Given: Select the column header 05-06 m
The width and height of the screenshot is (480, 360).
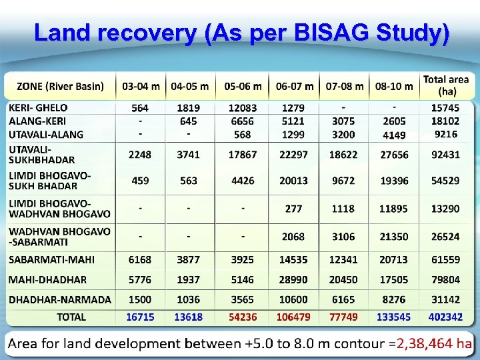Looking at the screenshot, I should [x=242, y=87].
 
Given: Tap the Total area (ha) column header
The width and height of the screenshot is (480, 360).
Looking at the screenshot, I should [x=446, y=85].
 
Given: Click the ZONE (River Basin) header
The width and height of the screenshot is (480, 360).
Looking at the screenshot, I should [x=61, y=86].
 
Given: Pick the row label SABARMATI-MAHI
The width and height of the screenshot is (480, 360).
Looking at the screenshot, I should [x=51, y=259].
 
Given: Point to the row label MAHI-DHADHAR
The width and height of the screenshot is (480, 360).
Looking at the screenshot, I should [x=47, y=279].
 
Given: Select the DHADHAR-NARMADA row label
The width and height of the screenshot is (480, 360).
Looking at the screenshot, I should [x=60, y=300].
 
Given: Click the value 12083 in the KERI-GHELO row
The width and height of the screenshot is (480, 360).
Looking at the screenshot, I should [x=242, y=108].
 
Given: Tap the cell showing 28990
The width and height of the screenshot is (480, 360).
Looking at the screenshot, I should [x=294, y=279].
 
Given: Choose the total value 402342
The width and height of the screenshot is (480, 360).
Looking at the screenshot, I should [x=445, y=317].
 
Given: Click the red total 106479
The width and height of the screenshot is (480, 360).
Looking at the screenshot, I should [x=294, y=317].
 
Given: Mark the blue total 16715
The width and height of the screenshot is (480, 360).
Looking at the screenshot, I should [x=140, y=317].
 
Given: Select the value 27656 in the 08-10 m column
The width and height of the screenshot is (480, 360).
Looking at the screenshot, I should [x=393, y=154].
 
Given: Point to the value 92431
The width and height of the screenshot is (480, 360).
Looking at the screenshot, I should [x=445, y=154].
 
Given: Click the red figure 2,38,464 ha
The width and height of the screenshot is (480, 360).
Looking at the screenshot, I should [x=434, y=343].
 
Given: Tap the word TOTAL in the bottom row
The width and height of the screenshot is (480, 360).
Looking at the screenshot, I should [x=71, y=317].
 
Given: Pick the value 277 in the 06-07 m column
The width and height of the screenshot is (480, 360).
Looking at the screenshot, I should [x=294, y=209].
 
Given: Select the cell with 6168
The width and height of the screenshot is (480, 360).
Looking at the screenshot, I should [x=140, y=259].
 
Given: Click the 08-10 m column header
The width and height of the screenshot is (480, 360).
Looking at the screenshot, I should [x=394, y=87].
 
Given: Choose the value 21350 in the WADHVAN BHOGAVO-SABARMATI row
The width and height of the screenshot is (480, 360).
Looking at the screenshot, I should [x=393, y=237].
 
